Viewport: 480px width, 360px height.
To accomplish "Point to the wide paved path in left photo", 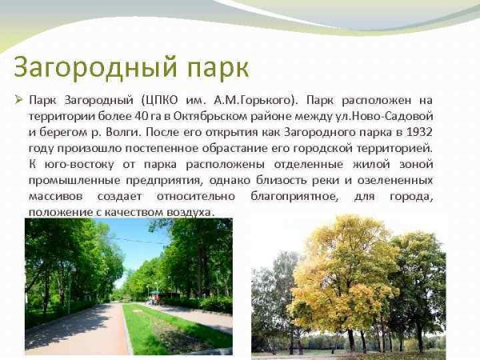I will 80,328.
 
